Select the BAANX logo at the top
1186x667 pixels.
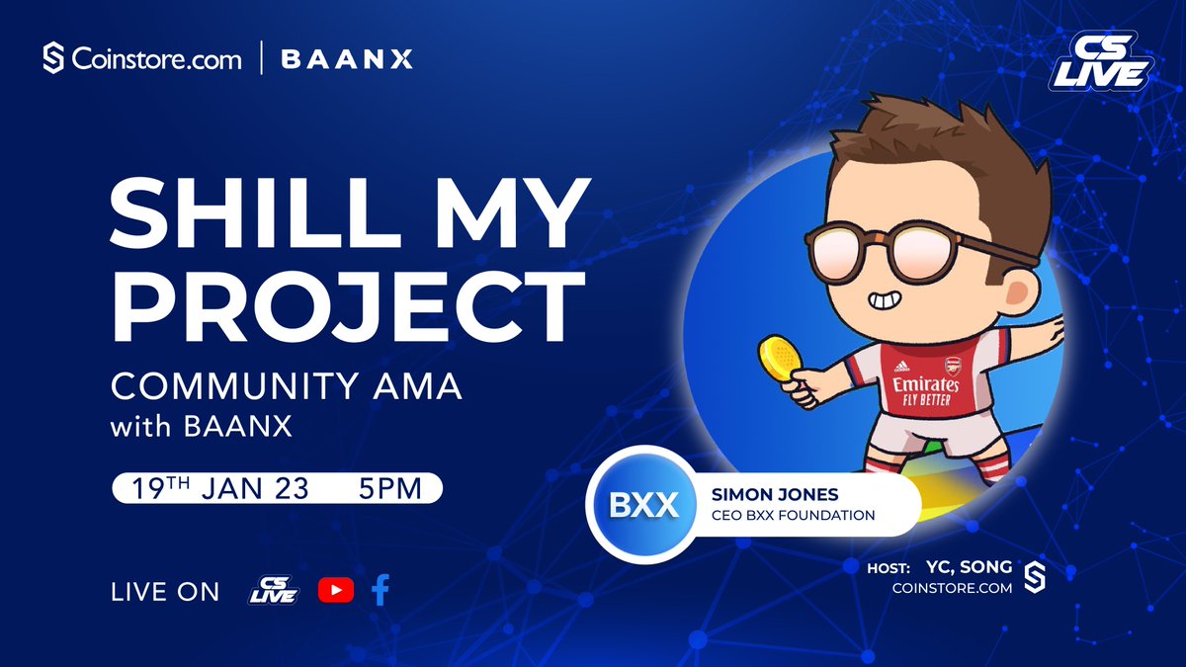point(346,59)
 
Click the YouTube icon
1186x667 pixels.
point(336,590)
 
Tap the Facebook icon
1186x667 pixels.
point(381,590)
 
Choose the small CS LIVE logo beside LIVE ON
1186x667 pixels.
point(274,590)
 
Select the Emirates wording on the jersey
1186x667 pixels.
point(925,383)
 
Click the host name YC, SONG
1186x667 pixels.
point(970,566)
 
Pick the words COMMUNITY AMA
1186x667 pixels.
point(287,386)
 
